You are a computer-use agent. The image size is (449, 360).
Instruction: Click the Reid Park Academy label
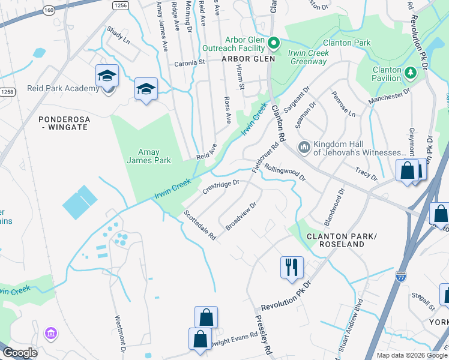pyautogui.click(x=62, y=89)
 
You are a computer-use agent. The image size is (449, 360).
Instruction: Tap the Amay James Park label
pyautogui.click(x=148, y=156)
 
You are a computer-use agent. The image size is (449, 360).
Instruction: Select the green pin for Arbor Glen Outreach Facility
pyautogui.click(x=274, y=43)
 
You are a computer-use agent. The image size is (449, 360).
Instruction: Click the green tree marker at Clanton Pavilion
pyautogui.click(x=411, y=73)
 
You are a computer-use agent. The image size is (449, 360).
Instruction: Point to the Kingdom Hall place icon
pyautogui.click(x=304, y=147)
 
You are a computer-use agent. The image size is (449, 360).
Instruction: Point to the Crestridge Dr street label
pyautogui.click(x=221, y=186)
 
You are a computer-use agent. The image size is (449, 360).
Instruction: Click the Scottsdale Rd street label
pyautogui.click(x=200, y=225)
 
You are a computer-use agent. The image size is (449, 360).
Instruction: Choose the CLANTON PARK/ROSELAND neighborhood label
pyautogui.click(x=335, y=240)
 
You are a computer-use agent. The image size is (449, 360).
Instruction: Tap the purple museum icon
pyautogui.click(x=51, y=333)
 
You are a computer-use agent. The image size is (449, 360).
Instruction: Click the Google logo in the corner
pyautogui.click(x=20, y=353)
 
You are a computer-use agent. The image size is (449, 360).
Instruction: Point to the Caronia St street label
pyautogui.click(x=190, y=62)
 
